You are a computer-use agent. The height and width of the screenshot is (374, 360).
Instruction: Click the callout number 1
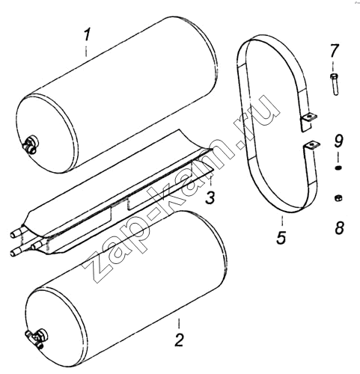point(87,35)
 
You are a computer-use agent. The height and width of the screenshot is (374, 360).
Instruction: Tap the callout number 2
point(179,340)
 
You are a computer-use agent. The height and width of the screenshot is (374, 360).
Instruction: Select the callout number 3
point(210,197)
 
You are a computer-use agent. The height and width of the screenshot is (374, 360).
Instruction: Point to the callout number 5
point(281,238)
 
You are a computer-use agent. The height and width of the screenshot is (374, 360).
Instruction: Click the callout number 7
point(334,51)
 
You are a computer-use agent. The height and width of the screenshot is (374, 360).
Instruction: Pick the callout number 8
point(339,227)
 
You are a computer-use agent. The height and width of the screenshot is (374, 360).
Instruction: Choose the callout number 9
point(339,141)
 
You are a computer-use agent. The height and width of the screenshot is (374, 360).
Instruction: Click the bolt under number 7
point(335,84)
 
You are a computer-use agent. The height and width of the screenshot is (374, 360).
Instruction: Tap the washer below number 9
point(338,168)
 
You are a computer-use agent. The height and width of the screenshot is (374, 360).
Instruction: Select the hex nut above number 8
point(338,198)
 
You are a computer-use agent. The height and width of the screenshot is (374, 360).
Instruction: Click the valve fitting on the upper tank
point(31,145)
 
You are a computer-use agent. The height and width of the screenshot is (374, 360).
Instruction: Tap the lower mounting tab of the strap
point(311,145)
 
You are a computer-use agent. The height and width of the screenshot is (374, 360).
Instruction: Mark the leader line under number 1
point(86,51)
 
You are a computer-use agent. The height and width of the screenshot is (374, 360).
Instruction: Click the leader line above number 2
point(179,325)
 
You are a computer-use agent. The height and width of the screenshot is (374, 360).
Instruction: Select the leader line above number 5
point(282,221)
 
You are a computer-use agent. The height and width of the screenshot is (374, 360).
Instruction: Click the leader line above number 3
point(210,183)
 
